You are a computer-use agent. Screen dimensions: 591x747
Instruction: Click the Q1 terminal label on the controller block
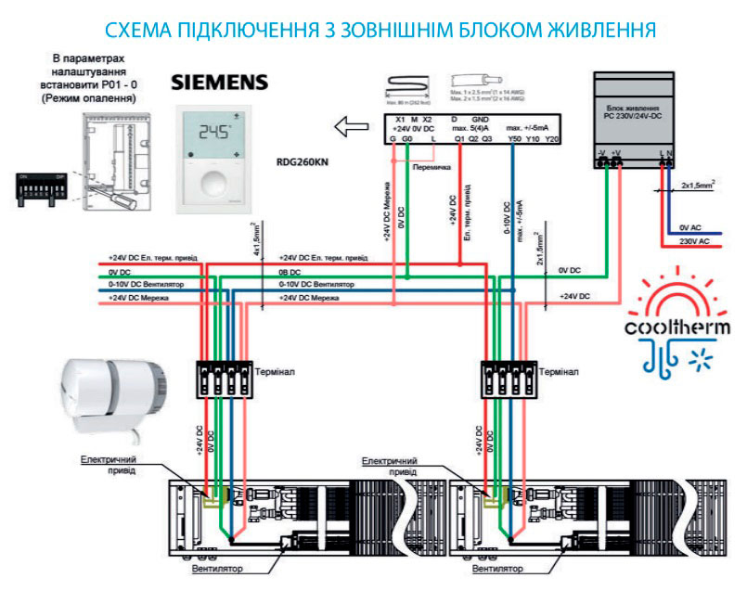(x=457, y=139)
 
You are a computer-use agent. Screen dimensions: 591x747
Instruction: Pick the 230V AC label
(x=695, y=241)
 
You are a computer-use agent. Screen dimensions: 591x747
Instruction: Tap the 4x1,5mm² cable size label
(x=255, y=239)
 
